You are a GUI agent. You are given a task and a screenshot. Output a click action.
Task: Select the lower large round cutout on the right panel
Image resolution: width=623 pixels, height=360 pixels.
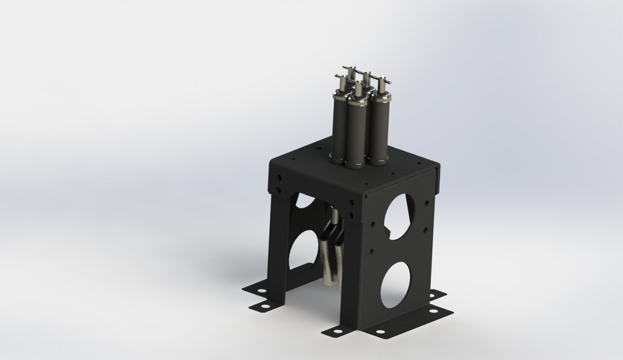[x=396, y=286]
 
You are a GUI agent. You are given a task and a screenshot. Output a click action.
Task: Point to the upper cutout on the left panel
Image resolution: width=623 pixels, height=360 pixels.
[x=303, y=200]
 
